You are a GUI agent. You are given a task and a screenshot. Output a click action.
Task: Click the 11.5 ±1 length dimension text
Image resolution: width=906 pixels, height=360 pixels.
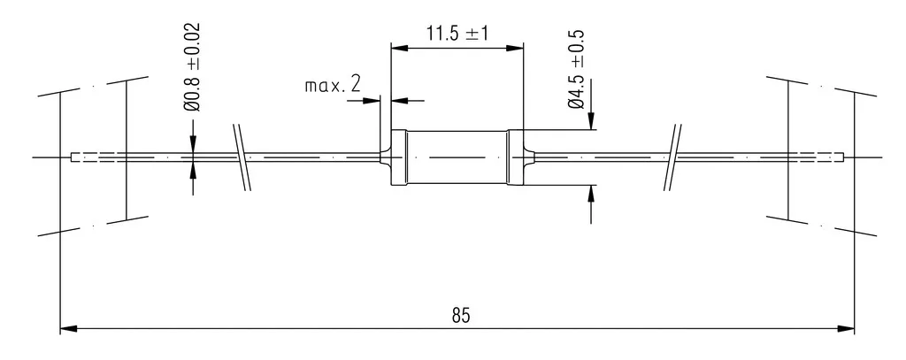(457, 33)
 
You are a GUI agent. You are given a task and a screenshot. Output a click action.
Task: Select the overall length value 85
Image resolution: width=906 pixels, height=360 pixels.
(461, 316)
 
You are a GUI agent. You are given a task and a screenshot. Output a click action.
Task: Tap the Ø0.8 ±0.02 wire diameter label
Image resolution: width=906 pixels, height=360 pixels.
(191, 67)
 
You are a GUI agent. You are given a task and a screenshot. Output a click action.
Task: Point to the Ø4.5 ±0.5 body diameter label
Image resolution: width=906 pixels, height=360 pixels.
(576, 69)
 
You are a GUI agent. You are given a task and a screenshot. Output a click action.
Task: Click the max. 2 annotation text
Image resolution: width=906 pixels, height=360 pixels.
(333, 86)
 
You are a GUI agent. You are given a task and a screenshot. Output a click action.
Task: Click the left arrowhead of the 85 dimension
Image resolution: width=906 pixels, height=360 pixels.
(69, 329)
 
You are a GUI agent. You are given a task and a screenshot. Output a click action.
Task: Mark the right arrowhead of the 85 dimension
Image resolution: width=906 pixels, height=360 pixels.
(846, 329)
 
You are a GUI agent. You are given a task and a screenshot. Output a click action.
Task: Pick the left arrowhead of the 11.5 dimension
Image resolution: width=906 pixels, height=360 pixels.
(399, 48)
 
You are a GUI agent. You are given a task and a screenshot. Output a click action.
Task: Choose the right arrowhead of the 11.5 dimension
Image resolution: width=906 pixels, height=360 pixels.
(515, 48)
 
